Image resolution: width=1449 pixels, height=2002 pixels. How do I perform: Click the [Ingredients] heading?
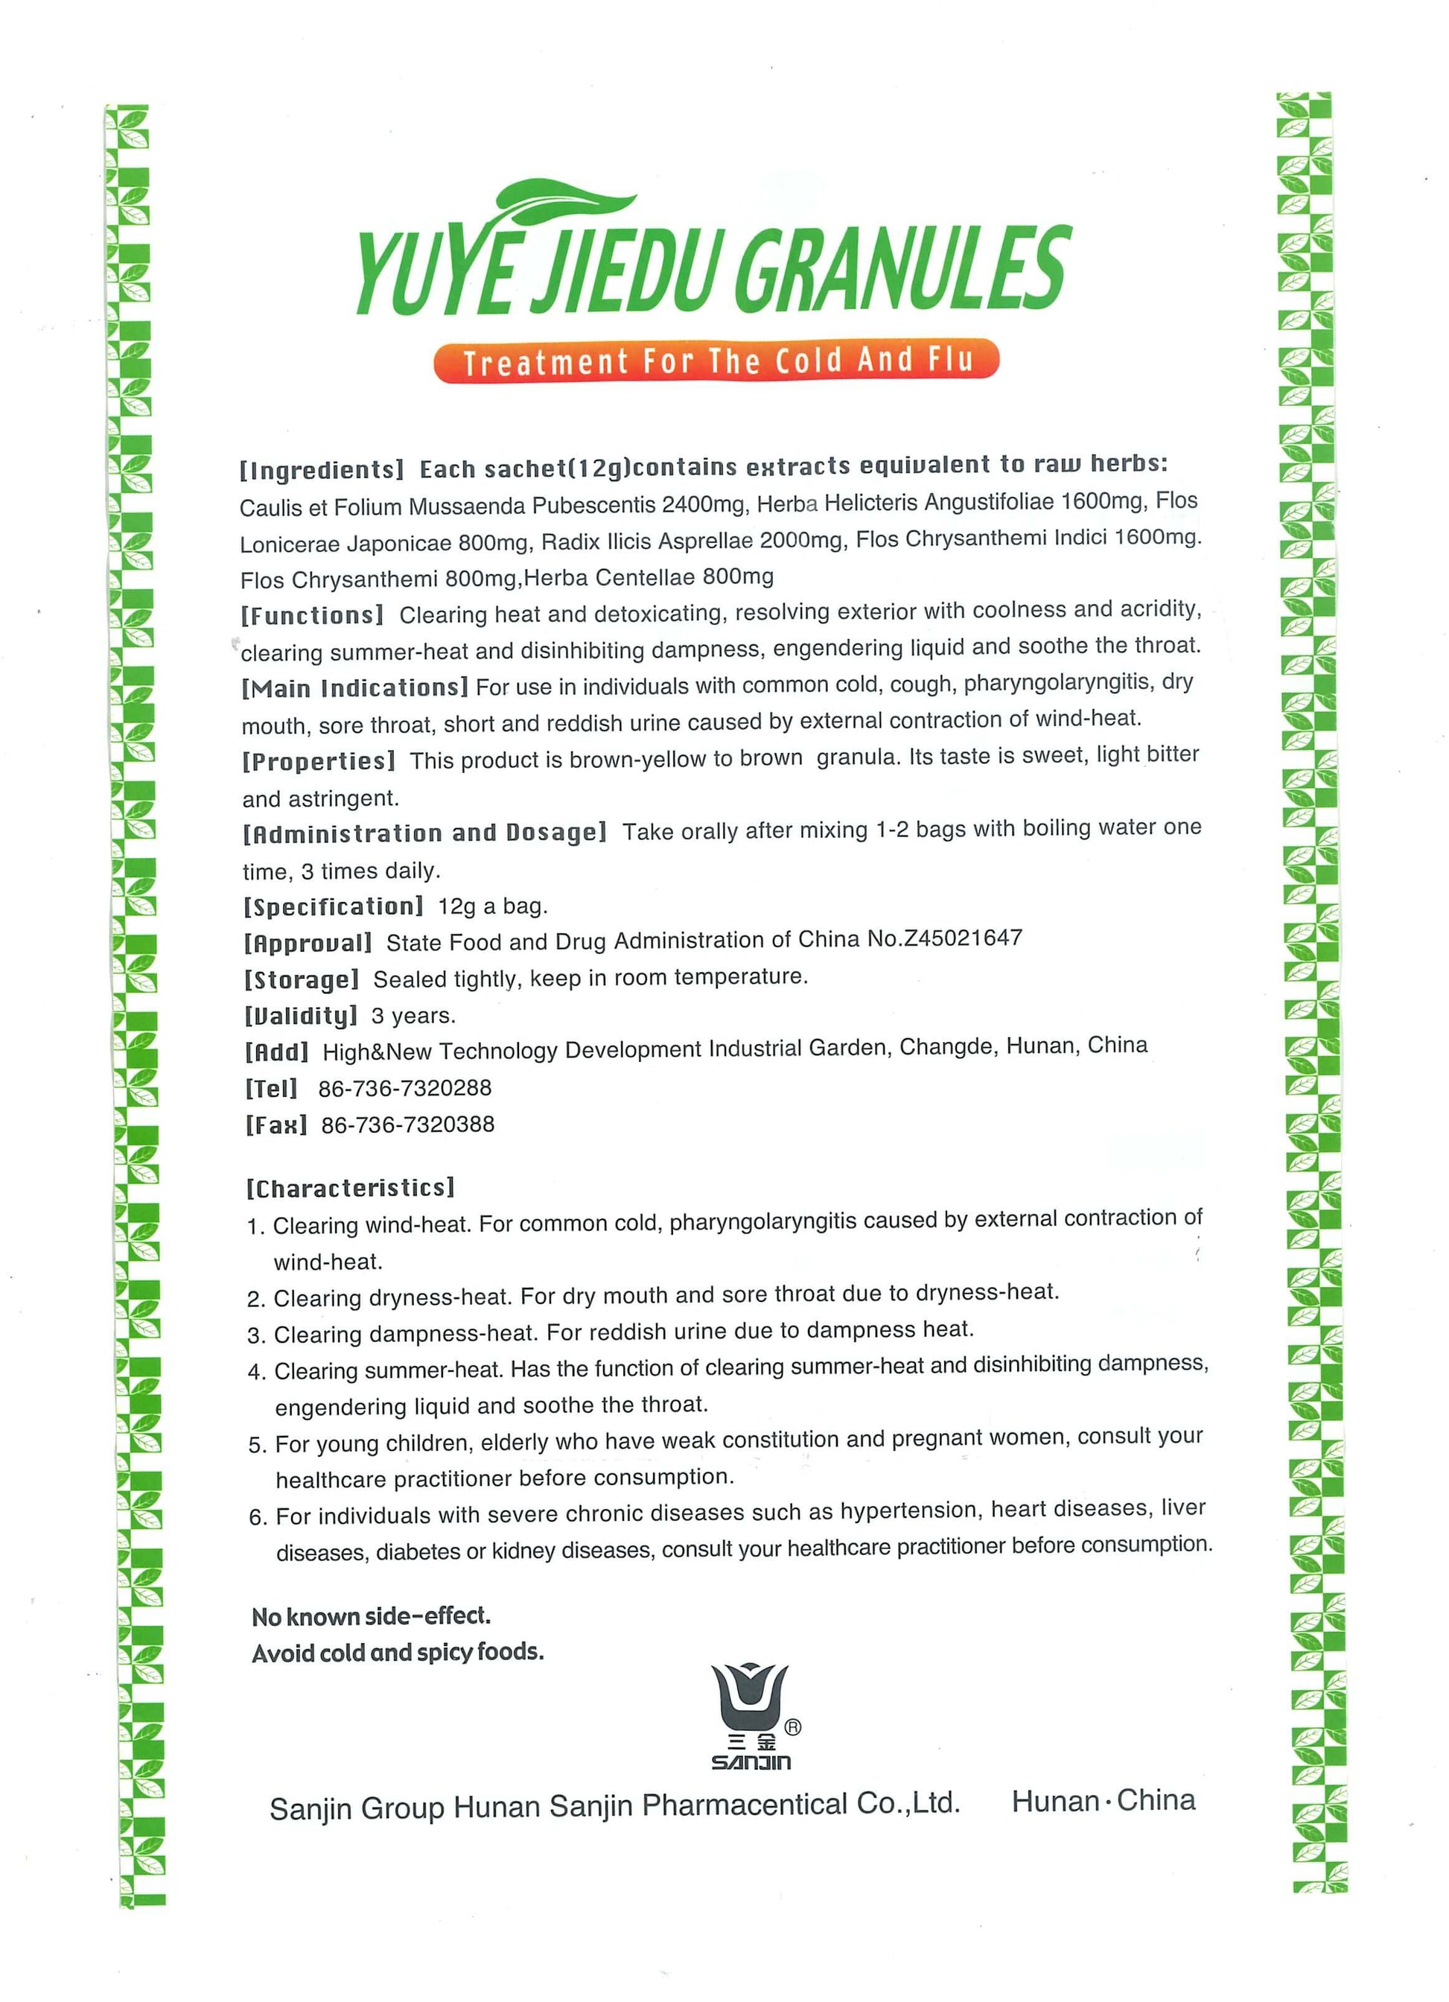[321, 470]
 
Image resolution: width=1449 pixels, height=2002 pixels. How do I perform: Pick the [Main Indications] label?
[354, 687]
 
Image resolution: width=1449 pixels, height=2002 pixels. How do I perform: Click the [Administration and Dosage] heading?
[424, 833]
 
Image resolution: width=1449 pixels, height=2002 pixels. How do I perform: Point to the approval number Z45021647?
[961, 938]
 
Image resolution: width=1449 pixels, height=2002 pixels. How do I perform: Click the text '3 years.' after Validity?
[413, 1016]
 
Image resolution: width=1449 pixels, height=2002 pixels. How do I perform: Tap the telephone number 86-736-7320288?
[404, 1088]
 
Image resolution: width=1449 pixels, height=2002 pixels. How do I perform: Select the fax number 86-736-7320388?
[408, 1125]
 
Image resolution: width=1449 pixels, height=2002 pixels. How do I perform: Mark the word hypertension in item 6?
[908, 1512]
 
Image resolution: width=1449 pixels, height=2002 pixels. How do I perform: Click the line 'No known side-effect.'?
[371, 1616]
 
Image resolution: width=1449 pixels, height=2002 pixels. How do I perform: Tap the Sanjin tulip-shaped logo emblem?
[750, 1698]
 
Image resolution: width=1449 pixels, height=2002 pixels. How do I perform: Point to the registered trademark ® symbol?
[792, 1727]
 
